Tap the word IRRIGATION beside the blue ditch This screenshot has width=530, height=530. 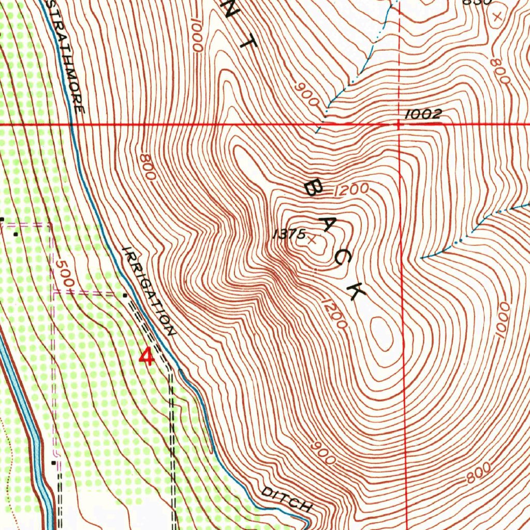tap(149, 291)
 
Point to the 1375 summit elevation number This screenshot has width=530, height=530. tap(289, 234)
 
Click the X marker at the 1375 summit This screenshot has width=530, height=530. tap(312, 239)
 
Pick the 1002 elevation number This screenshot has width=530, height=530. tap(422, 115)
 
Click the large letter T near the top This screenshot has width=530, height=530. tap(248, 43)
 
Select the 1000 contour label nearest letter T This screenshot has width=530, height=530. tap(196, 35)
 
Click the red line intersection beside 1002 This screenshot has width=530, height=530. tap(399, 125)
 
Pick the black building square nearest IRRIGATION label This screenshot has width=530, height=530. tap(125, 295)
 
